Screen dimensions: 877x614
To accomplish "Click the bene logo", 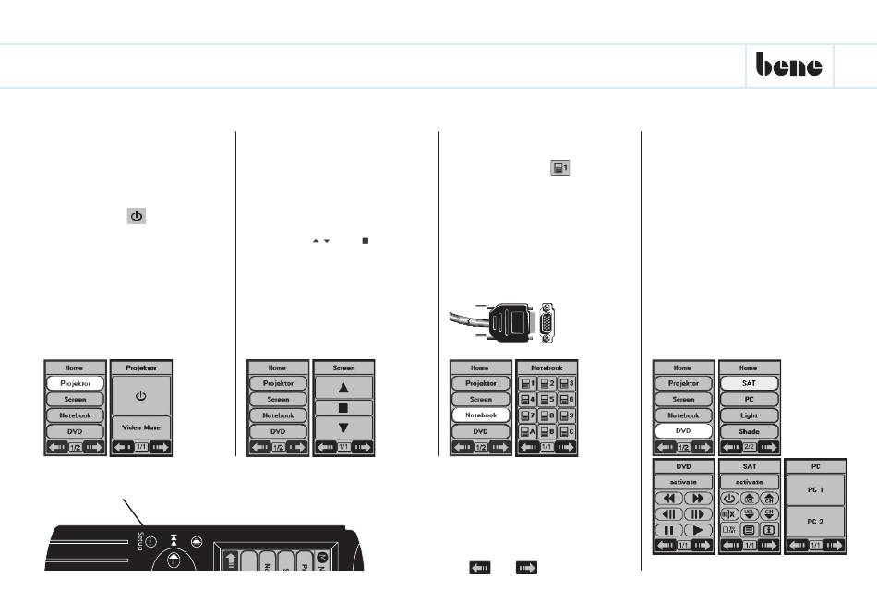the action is pyautogui.click(x=789, y=66).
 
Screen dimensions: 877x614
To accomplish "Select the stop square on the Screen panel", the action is pyautogui.click(x=343, y=406).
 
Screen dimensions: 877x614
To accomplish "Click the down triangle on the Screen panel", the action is pyautogui.click(x=343, y=427).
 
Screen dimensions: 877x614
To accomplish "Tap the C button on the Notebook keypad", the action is pyautogui.click(x=566, y=431).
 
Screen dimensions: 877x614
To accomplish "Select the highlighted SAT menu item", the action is pyautogui.click(x=749, y=382).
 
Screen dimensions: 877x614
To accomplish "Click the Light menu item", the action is pyautogui.click(x=749, y=415).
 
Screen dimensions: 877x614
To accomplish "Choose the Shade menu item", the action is pyautogui.click(x=749, y=432).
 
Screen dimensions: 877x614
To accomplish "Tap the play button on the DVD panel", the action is pyautogui.click(x=699, y=530).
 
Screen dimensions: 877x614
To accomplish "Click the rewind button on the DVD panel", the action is pyautogui.click(x=668, y=497).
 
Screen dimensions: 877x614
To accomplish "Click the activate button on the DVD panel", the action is pyautogui.click(x=683, y=481).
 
